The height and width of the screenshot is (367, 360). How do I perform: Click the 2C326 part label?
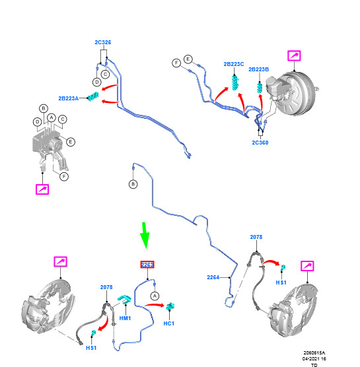(103, 42)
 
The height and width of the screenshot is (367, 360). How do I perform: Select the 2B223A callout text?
(69, 98)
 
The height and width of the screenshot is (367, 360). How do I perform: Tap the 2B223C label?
(234, 64)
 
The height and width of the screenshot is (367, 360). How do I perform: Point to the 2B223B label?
(258, 69)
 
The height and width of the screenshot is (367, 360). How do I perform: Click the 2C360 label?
(260, 143)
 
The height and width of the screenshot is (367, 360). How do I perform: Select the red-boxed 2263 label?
(147, 265)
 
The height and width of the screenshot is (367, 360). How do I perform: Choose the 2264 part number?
(213, 277)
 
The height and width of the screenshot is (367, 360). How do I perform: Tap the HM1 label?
(125, 318)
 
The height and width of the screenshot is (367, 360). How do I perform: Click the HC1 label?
(169, 323)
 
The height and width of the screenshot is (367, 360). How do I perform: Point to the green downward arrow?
(145, 235)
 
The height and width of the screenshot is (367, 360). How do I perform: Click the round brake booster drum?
(299, 94)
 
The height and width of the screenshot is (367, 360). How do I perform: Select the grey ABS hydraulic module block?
(47, 142)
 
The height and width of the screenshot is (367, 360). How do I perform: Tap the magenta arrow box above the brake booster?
(294, 55)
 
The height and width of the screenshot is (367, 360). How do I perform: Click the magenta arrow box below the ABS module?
(42, 189)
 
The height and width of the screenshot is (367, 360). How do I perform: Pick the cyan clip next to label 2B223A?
(93, 96)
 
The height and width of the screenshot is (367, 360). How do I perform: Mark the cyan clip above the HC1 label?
(170, 306)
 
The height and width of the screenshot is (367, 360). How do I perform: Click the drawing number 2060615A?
(314, 352)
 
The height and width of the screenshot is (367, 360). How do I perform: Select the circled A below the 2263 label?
(155, 296)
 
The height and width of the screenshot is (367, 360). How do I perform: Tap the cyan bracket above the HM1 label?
(124, 300)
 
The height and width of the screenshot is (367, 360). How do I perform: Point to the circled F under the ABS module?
(64, 176)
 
